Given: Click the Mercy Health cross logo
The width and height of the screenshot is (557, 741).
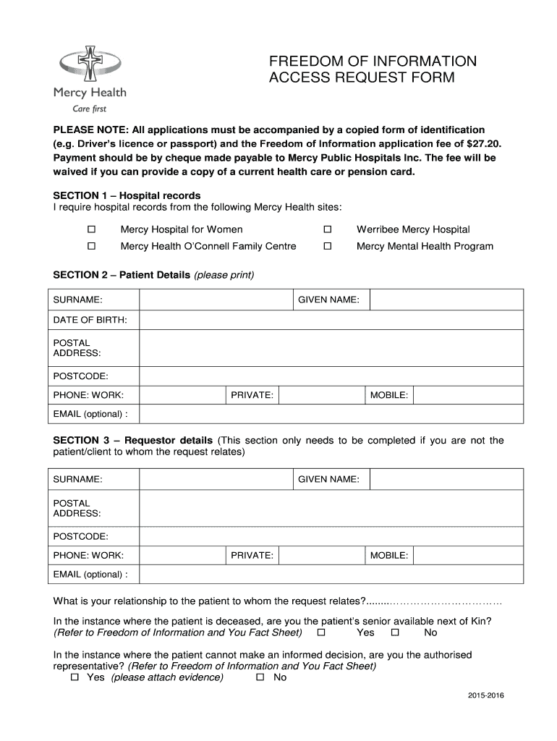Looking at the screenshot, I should click(90, 64).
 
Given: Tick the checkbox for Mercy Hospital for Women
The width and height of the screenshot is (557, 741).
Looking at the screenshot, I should click(92, 229).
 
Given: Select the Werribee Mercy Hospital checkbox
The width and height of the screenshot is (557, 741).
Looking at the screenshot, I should click(327, 229).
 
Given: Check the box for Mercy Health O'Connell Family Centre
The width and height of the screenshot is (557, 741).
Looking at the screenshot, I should click(92, 246).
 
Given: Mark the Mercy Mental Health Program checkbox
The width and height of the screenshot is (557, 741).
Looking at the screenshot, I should click(327, 246).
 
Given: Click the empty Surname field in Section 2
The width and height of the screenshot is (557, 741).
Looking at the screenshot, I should click(215, 300).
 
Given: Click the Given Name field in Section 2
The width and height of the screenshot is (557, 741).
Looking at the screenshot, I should click(446, 300).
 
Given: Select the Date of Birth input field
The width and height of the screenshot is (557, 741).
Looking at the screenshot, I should click(331, 320).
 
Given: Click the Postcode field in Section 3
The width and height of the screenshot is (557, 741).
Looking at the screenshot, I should click(331, 536).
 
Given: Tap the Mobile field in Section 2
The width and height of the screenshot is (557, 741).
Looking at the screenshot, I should click(468, 395).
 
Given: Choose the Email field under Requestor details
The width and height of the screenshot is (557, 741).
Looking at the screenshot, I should click(331, 575).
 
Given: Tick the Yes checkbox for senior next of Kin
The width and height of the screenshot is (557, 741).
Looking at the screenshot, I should click(322, 632).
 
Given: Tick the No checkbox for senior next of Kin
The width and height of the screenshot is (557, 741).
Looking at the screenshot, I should click(396, 632).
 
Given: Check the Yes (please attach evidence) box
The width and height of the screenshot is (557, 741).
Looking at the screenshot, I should click(75, 677).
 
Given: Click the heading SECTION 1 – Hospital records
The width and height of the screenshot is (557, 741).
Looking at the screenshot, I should click(127, 196).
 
